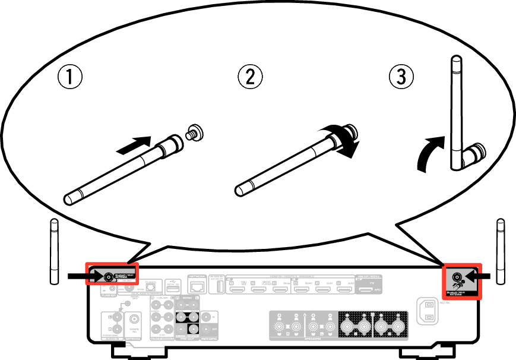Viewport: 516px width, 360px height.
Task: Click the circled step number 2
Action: click(250, 77)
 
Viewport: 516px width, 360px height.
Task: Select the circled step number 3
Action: click(401, 77)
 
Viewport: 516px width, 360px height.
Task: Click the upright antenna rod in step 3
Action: click(456, 107)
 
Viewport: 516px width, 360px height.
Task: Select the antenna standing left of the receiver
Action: click(53, 252)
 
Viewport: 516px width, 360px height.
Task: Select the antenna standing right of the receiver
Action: click(501, 252)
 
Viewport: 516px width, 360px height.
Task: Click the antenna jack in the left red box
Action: click(109, 276)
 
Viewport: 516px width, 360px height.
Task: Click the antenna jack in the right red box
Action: click(458, 276)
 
